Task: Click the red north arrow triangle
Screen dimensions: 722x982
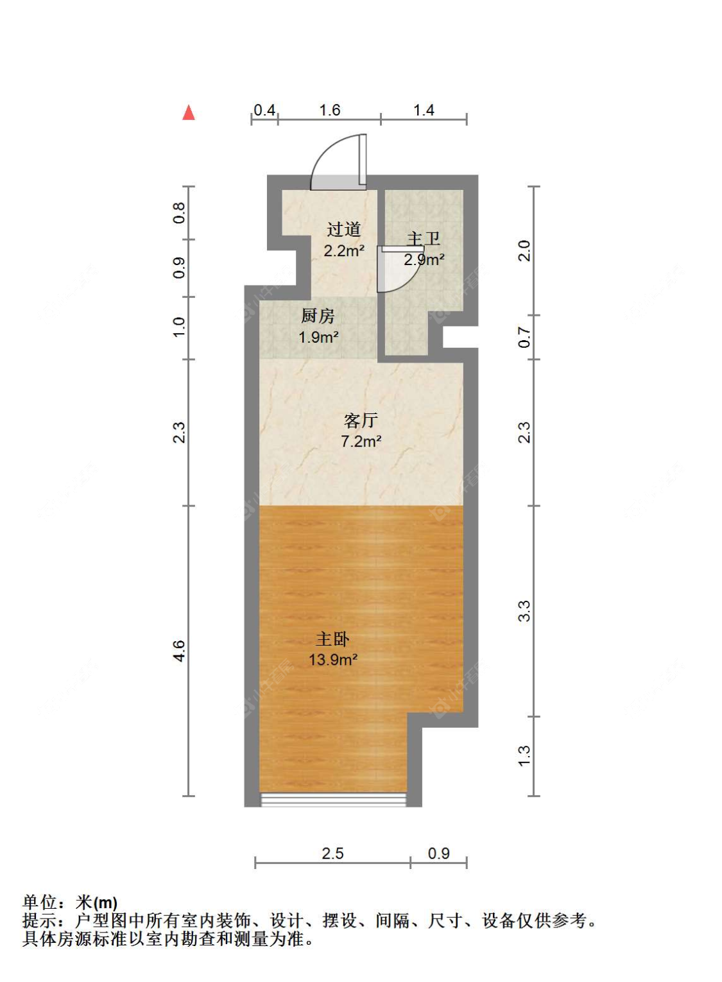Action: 189,112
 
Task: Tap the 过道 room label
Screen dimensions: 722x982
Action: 344,229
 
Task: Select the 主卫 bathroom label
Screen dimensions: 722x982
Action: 424,239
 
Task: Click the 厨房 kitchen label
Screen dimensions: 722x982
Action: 318,316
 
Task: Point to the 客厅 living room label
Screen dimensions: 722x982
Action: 361,420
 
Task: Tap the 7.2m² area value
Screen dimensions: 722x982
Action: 361,441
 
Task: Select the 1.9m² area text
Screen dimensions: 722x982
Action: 318,337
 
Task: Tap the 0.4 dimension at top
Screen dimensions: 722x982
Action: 264,110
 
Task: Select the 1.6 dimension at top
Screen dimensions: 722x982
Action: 330,110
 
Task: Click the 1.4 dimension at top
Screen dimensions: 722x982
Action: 424,110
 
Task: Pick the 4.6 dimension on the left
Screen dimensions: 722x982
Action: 179,651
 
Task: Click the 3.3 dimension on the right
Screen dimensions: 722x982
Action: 524,611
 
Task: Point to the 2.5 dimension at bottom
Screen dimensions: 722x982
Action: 332,854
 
